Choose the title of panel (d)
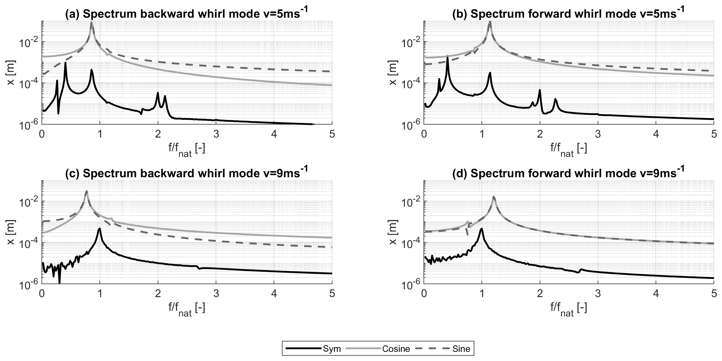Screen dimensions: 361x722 point(568,174)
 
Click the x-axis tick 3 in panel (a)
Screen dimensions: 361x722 point(216,134)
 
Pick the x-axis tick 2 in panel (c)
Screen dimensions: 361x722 point(158,294)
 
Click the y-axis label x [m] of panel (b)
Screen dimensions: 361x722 point(393,73)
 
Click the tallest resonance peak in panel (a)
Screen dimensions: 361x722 point(92,23)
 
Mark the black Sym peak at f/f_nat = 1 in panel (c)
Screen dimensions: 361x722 point(100,229)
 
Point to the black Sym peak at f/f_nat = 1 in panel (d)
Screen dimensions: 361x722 point(482,229)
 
